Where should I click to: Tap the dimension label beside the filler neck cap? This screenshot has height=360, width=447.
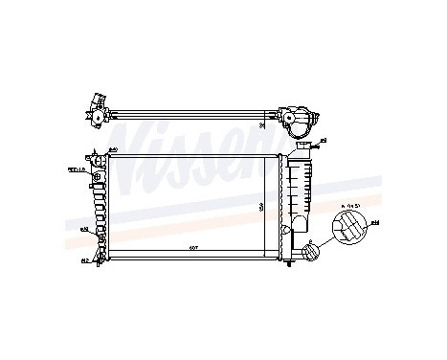coord(323,141)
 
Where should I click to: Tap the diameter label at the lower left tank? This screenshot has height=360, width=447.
coord(83,230)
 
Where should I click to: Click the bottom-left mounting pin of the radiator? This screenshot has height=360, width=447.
coord(100,266)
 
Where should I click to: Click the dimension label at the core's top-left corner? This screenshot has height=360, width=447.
coord(112,150)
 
